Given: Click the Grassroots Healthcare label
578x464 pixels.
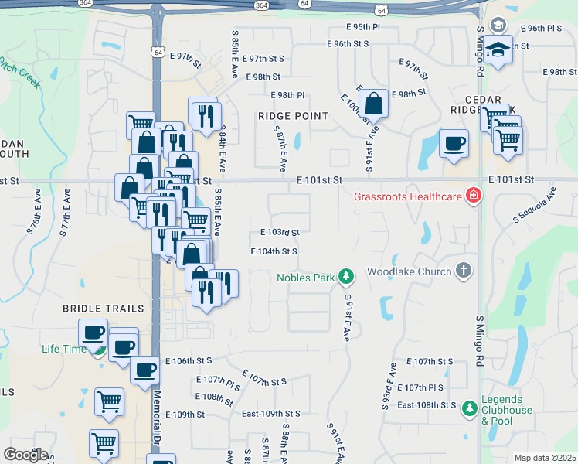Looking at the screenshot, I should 408,196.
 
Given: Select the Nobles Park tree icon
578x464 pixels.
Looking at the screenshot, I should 347,276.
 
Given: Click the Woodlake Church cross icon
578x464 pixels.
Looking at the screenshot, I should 463,271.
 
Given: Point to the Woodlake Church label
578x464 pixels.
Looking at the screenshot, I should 409,271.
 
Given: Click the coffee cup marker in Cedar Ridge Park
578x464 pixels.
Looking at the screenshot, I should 454,142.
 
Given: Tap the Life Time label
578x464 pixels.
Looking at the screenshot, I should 64,349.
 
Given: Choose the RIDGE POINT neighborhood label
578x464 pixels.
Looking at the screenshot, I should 293,116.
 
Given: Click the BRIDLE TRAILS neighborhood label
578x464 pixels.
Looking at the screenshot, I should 104,309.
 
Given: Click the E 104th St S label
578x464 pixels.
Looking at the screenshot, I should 274,251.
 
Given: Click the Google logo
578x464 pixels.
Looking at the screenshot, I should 25,454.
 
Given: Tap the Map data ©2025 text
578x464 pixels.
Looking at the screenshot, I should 544,458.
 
